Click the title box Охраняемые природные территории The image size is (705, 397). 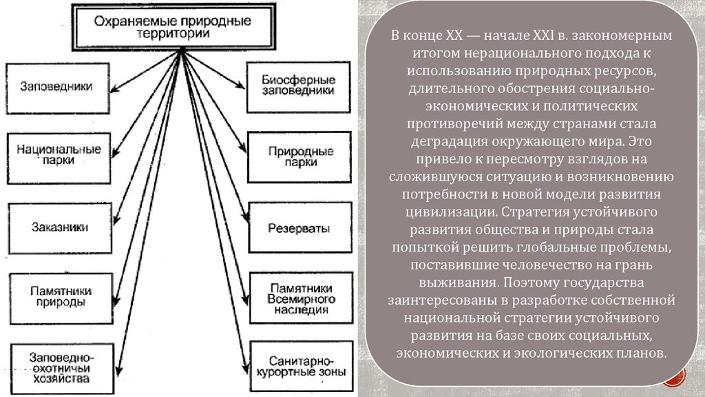pyautogui.click(x=172, y=26)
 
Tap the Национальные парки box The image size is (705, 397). pyautogui.click(x=59, y=154)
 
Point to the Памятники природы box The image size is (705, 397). pyautogui.click(x=61, y=296)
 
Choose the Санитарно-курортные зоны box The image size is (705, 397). pyautogui.click(x=295, y=365)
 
